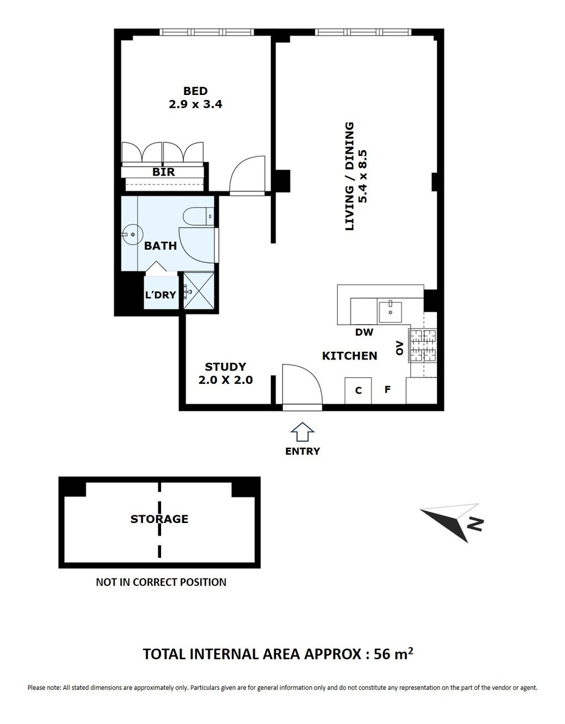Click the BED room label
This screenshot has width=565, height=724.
pyautogui.click(x=195, y=91)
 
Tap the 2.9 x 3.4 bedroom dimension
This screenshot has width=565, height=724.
pyautogui.click(x=195, y=104)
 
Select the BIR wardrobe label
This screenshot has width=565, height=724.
pyautogui.click(x=163, y=172)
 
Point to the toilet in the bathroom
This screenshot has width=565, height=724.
pyautogui.click(x=199, y=216)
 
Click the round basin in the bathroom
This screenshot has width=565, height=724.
pyautogui.click(x=132, y=234)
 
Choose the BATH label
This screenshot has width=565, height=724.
pyautogui.click(x=161, y=246)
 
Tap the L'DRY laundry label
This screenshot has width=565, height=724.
pyautogui.click(x=161, y=295)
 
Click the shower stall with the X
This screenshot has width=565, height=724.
pyautogui.click(x=199, y=290)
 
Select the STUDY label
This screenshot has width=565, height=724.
pyautogui.click(x=225, y=367)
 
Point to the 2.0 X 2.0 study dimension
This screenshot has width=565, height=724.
pyautogui.click(x=226, y=380)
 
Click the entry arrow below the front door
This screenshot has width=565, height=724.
pyautogui.click(x=302, y=432)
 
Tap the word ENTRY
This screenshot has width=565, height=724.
pyautogui.click(x=302, y=451)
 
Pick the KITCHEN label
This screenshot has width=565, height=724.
pyautogui.click(x=349, y=356)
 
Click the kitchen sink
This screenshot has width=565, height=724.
pyautogui.click(x=390, y=312)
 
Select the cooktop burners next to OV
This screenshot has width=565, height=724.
pyautogui.click(x=423, y=346)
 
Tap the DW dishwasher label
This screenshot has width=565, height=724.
pyautogui.click(x=364, y=332)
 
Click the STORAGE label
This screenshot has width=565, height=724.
pyautogui.click(x=159, y=519)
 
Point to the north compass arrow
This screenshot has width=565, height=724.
pyautogui.click(x=450, y=522)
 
